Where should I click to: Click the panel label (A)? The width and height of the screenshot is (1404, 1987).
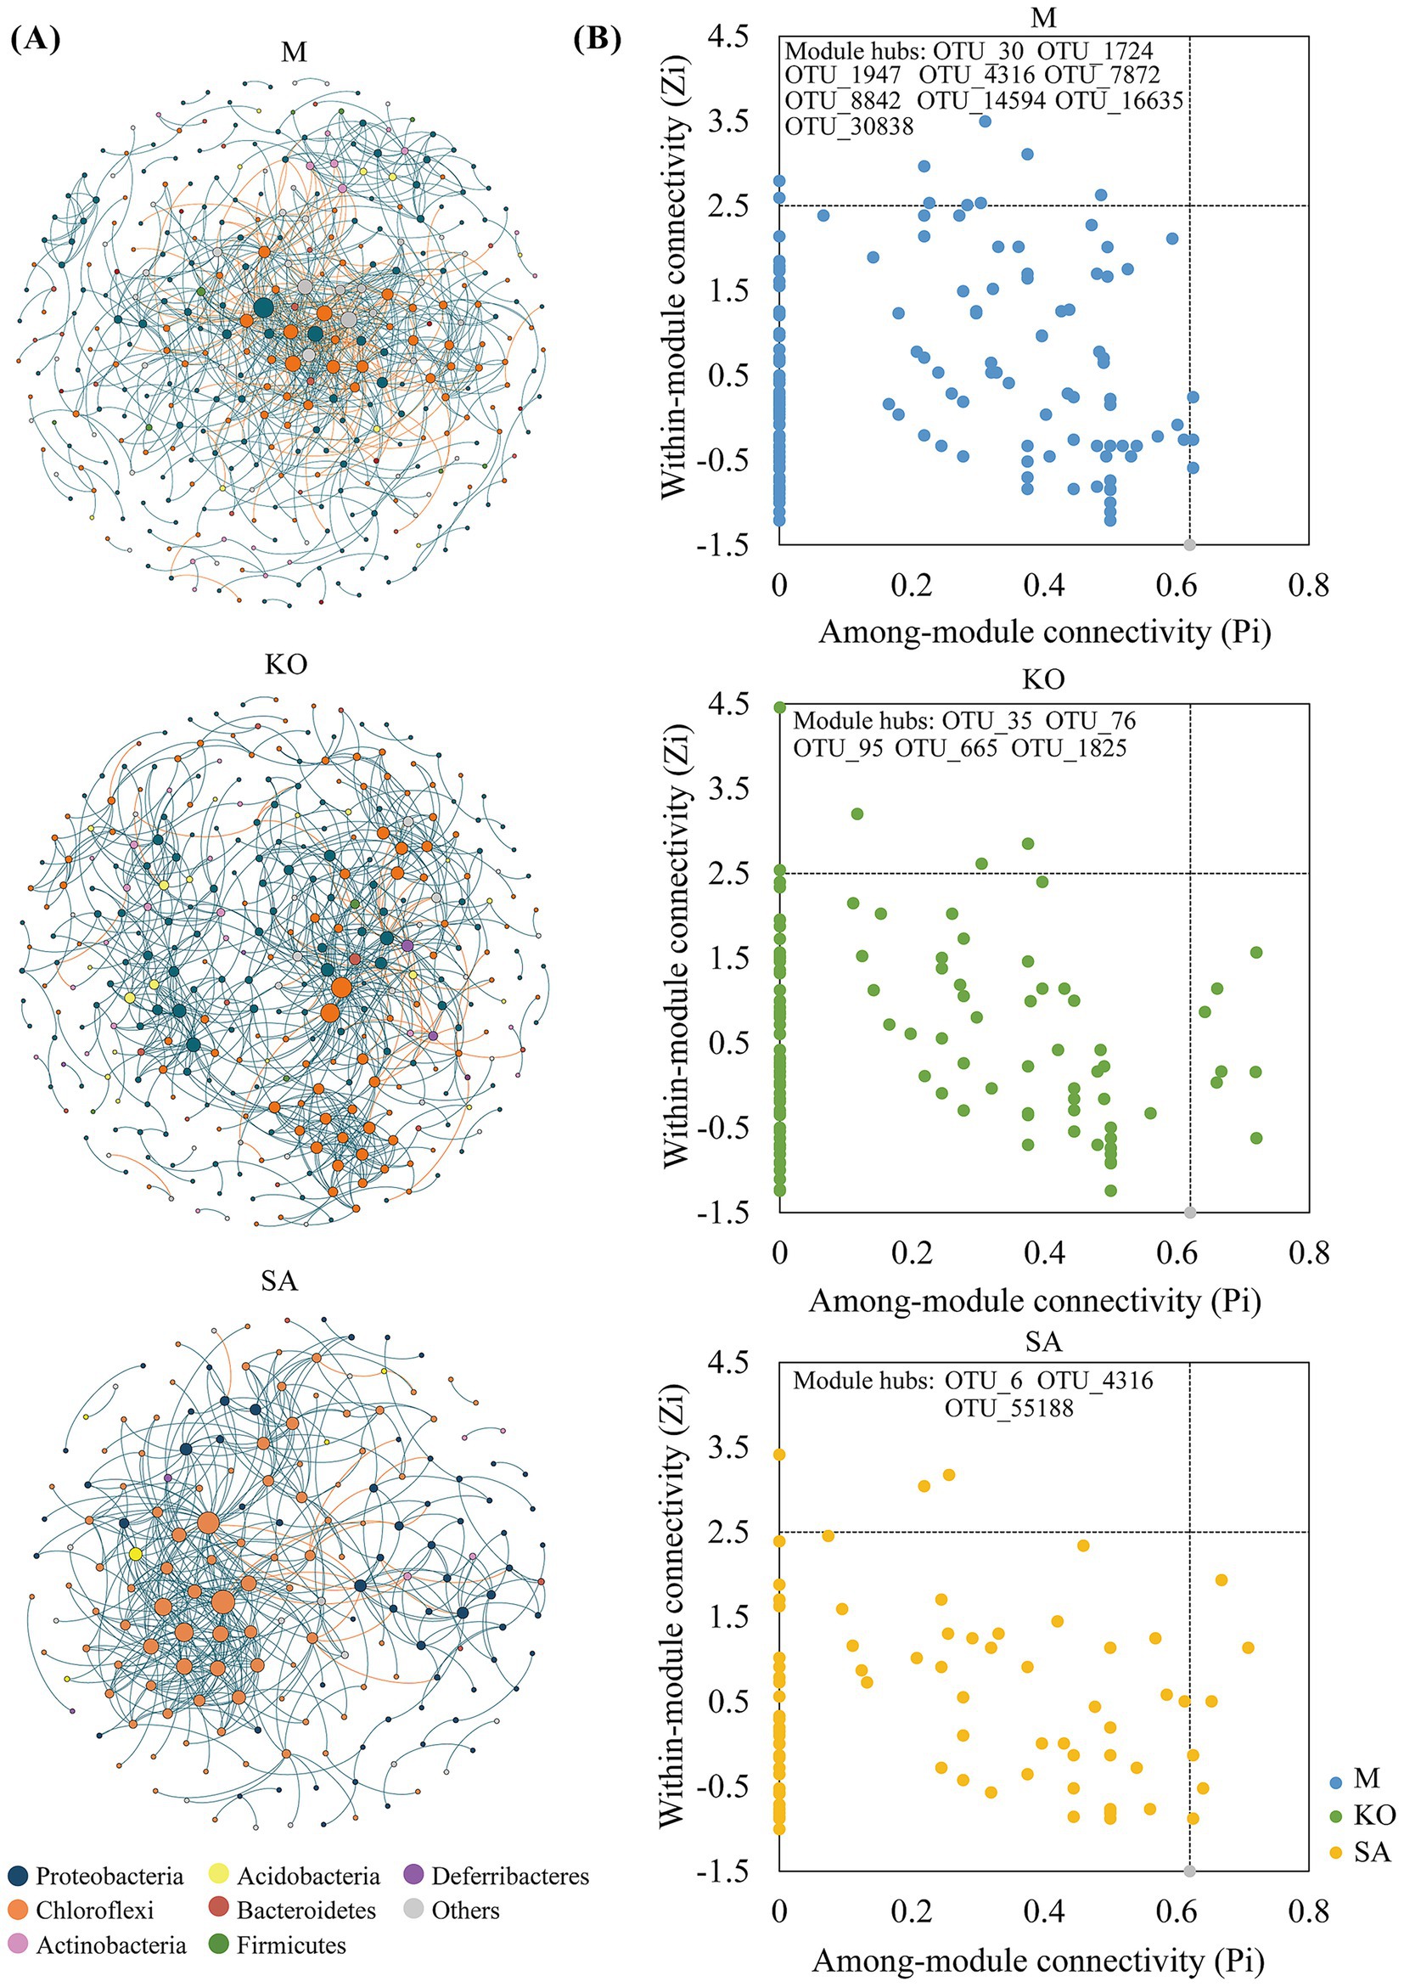point(37,41)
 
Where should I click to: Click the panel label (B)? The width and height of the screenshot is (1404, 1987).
point(598,41)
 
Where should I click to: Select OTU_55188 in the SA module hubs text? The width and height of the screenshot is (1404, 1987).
point(1008,1408)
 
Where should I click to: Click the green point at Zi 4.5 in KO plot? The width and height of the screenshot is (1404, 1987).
point(779,707)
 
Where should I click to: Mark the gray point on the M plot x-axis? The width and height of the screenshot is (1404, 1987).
point(1189,544)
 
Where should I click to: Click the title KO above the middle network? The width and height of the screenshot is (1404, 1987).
point(285,664)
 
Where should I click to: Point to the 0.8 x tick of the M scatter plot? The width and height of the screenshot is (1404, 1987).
point(1308,586)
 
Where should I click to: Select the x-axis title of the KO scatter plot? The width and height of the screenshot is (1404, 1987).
point(1035,1301)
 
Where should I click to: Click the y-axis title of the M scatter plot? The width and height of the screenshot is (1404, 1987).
point(676,275)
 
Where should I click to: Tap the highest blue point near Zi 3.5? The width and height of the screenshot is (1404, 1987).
point(985,121)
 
